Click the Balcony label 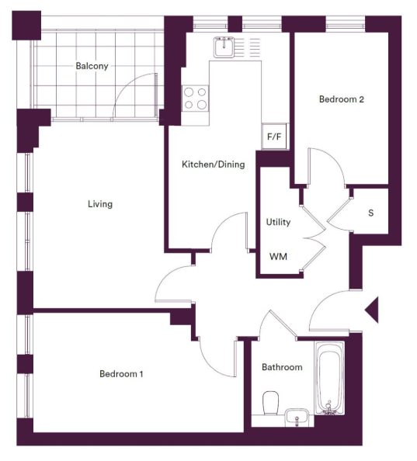point(92,66)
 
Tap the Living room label point(100,204)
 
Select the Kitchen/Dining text point(214,164)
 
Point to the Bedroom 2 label point(342,99)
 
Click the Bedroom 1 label point(121,373)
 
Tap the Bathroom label point(282,367)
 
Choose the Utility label point(278,222)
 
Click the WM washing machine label point(278,257)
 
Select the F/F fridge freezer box point(274,136)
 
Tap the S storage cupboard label point(371,213)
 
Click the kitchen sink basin point(224,47)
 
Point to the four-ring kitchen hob point(195,99)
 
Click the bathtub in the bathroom point(329,378)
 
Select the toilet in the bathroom point(270,403)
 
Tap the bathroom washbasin point(297,417)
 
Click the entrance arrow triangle point(372,310)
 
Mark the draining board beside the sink point(248,47)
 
